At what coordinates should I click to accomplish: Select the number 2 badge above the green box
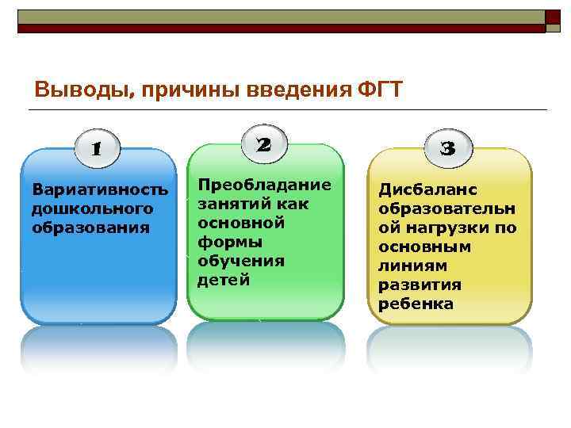click(x=264, y=144)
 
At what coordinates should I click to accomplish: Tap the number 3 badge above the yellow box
click(x=447, y=148)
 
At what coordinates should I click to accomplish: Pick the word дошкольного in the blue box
click(x=91, y=208)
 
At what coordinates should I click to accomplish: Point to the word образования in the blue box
click(x=90, y=227)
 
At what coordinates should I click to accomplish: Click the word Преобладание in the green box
click(x=264, y=185)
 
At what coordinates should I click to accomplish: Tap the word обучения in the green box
click(x=230, y=261)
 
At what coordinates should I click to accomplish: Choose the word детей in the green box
click(x=223, y=280)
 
